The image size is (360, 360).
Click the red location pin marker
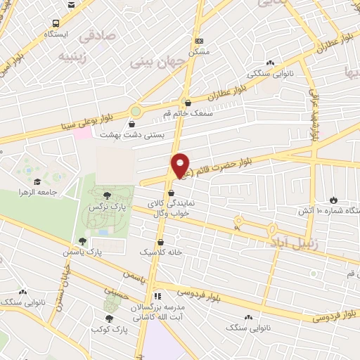[180, 165]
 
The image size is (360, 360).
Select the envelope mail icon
[72, 4]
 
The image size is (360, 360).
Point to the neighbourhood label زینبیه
[74, 55]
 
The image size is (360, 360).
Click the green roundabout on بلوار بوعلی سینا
[135, 110]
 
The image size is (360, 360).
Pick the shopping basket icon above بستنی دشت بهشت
[133, 124]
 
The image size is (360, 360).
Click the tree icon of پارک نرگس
[107, 195]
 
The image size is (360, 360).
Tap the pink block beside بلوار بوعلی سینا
[83, 131]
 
